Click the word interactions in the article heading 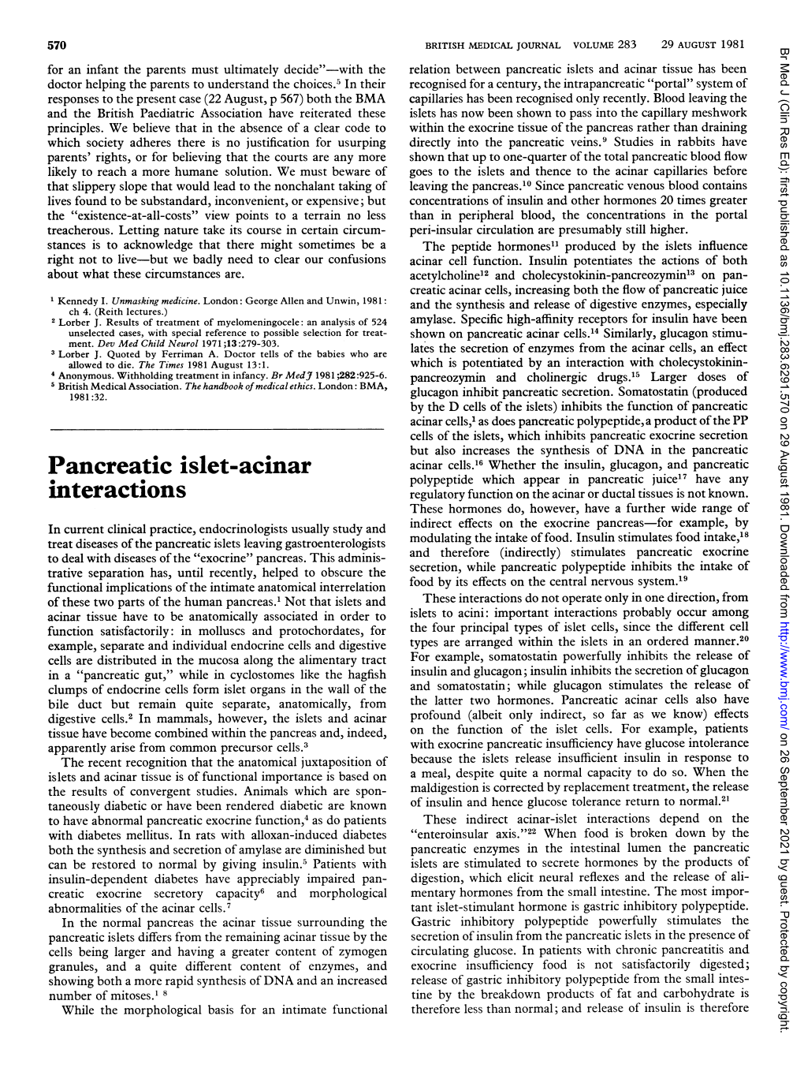coord(117,489)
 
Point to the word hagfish coord(364,674)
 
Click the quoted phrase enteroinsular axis coord(457,833)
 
